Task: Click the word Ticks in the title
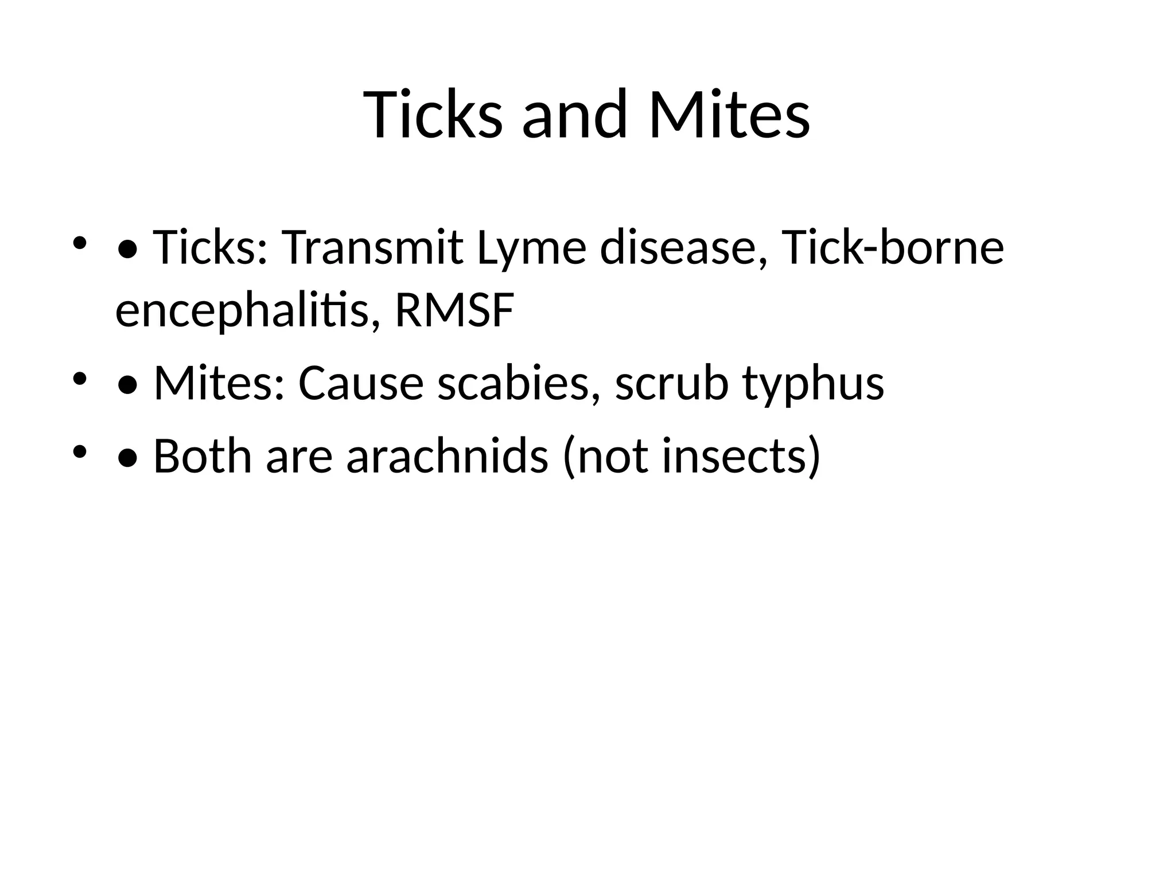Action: [433, 115]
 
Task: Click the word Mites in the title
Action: [729, 115]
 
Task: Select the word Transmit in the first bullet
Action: [372, 248]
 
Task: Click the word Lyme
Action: [531, 248]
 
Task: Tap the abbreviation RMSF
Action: [454, 311]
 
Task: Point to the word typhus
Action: [813, 384]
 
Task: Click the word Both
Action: [203, 457]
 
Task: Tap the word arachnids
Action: [447, 457]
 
